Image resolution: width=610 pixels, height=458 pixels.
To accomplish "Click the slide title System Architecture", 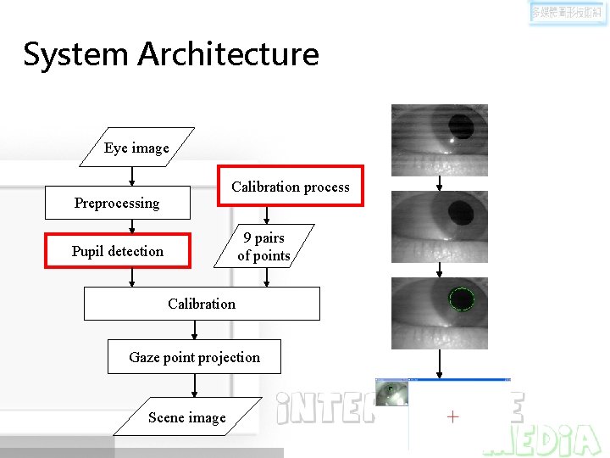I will (x=171, y=54).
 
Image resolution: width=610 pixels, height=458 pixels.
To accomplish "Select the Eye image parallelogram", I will (x=136, y=148).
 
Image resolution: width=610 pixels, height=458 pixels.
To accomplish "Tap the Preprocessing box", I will (x=117, y=203).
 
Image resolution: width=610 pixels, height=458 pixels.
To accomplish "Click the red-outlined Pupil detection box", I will (x=117, y=251).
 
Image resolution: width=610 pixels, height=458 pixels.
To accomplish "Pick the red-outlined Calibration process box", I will (x=291, y=187).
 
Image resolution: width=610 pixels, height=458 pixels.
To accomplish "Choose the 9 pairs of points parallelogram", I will (x=263, y=247).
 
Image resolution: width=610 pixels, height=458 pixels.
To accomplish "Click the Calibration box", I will (x=202, y=304).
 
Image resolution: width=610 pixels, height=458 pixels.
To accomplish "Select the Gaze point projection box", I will (x=194, y=357).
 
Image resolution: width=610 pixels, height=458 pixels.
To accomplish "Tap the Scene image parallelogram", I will (x=186, y=417).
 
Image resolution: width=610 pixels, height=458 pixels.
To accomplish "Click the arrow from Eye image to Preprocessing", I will (x=132, y=176).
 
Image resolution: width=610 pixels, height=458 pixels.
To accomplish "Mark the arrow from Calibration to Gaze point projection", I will (x=194, y=330).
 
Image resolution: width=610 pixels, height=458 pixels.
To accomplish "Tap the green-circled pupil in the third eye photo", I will (x=461, y=299).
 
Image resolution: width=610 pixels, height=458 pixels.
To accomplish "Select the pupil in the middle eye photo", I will (x=459, y=212).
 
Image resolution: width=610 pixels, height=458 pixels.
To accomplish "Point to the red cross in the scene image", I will (x=452, y=416).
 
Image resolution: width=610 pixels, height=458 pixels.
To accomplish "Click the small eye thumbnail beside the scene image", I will (x=391, y=392).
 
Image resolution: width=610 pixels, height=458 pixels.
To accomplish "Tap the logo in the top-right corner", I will (x=567, y=14).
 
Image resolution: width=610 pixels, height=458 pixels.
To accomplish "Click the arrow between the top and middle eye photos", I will (x=439, y=183).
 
